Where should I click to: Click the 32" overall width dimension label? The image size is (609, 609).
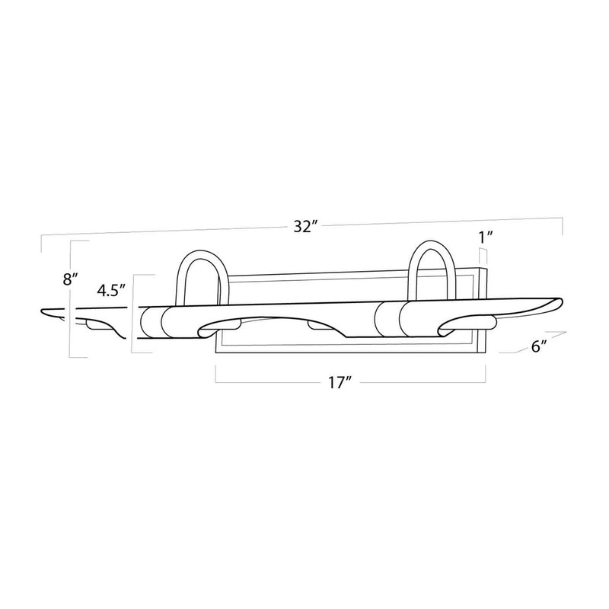(x=306, y=226)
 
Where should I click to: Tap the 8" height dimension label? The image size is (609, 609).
(x=71, y=279)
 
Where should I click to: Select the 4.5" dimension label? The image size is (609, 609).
(x=111, y=291)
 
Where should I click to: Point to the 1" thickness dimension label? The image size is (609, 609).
(x=486, y=237)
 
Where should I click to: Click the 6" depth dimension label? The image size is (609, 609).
(x=539, y=346)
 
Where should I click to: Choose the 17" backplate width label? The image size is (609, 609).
(x=340, y=383)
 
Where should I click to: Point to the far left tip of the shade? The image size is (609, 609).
(x=41, y=311)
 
